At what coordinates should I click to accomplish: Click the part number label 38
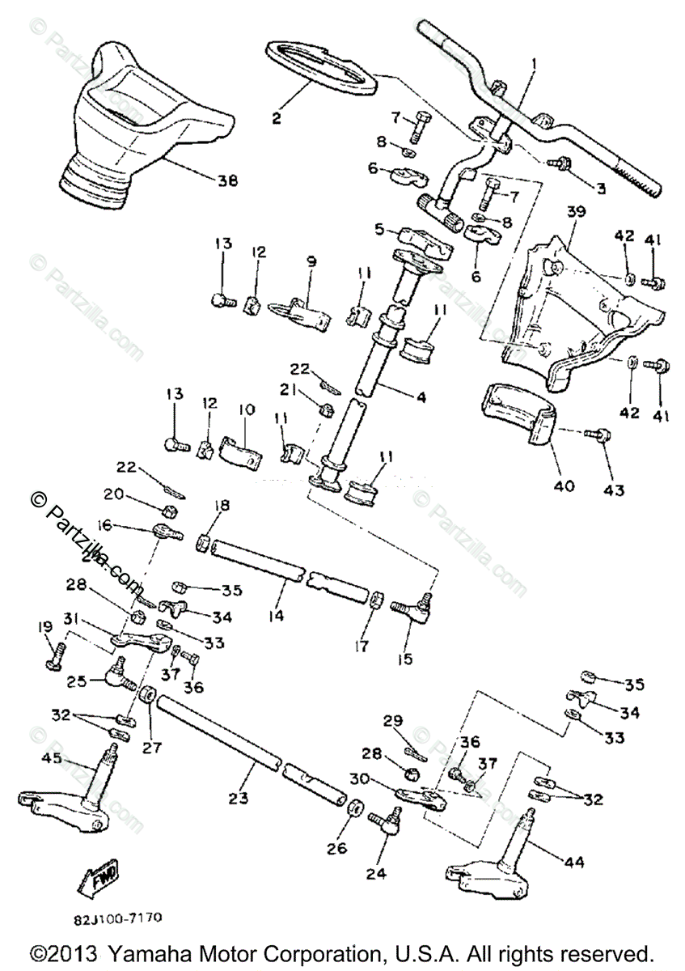click(x=228, y=181)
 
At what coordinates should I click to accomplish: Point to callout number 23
click(x=236, y=798)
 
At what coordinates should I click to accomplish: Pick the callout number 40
click(x=564, y=486)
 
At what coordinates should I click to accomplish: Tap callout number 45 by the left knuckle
click(x=51, y=758)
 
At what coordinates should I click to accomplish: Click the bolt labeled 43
click(x=601, y=435)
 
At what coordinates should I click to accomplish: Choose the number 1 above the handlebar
click(x=533, y=62)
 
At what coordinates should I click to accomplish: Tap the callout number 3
click(x=601, y=188)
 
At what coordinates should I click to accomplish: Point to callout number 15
click(x=405, y=659)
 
